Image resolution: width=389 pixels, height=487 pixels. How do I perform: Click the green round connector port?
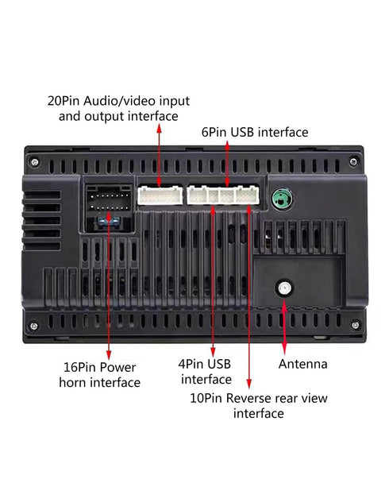[x=282, y=198]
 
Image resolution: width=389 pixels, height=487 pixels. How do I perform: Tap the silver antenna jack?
[x=284, y=288]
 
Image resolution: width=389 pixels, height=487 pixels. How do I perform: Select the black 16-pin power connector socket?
[x=108, y=199]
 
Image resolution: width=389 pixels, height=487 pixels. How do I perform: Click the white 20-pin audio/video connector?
[x=160, y=195]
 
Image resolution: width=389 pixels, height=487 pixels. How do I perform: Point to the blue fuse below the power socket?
[x=108, y=221]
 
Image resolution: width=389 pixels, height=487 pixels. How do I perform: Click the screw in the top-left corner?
[x=34, y=162]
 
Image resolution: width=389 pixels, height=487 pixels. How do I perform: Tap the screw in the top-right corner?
[x=353, y=161]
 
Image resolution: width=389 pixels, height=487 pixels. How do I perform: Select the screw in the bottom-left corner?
[x=34, y=326]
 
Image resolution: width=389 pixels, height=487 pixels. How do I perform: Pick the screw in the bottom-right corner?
[x=356, y=325]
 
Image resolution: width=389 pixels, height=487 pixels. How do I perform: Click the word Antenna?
[x=302, y=364]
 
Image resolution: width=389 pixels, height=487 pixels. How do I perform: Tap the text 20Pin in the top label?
[x=64, y=101]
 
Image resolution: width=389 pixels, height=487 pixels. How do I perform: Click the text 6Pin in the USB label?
[x=214, y=132]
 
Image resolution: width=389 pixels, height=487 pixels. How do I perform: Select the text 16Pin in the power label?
[x=79, y=367]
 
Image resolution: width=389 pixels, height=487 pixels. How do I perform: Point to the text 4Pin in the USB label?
[x=191, y=364]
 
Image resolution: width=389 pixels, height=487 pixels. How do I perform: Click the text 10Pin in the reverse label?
[x=206, y=398]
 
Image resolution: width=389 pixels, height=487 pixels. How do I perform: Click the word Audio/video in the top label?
[x=119, y=101]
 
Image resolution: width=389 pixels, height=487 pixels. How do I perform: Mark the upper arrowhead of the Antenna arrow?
[x=284, y=306]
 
